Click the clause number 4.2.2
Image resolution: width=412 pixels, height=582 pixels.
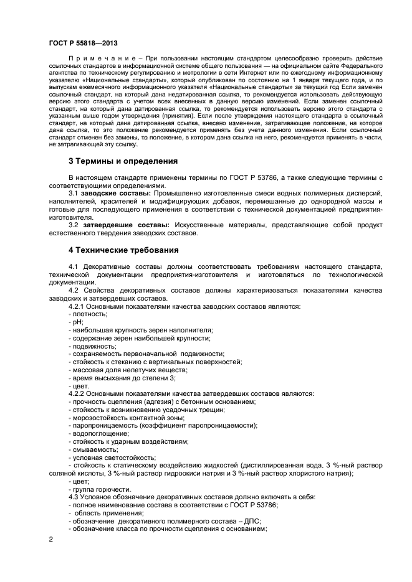click(x=78, y=394)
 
